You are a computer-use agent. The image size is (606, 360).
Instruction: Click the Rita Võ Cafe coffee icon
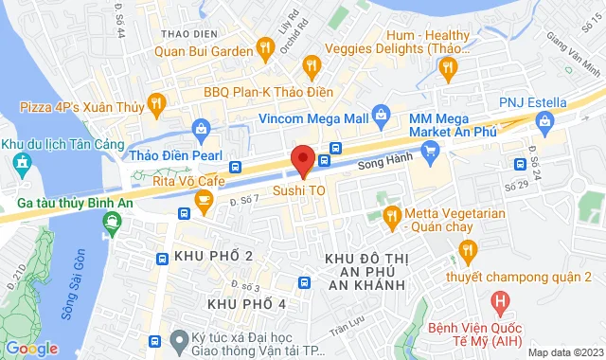tap(203, 198)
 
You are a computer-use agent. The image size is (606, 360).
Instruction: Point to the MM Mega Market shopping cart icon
tap(431, 150)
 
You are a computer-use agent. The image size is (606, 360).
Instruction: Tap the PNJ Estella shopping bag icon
tap(544, 120)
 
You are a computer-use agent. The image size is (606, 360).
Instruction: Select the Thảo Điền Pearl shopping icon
tap(200, 128)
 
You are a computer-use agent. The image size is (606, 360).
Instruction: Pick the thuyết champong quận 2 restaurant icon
tap(467, 250)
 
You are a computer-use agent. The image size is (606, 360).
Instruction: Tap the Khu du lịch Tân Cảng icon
tap(21, 161)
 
